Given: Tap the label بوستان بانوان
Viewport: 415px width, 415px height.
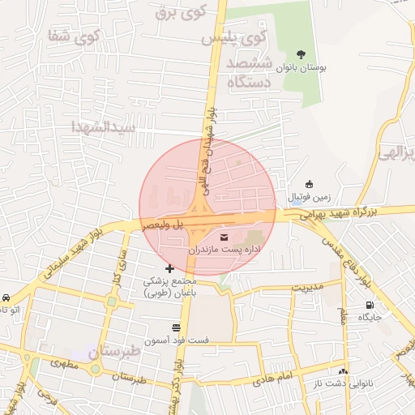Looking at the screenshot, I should click(x=302, y=70).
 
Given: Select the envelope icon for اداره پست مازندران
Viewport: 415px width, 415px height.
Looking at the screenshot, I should click(x=225, y=236).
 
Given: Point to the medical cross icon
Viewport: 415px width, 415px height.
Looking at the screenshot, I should click(x=169, y=268).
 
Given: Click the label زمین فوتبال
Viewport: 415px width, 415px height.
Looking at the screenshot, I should click(x=307, y=197).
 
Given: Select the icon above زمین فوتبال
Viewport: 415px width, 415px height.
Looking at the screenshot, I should click(x=308, y=183).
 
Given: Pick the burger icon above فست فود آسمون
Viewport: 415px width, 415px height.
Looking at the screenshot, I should click(x=176, y=327).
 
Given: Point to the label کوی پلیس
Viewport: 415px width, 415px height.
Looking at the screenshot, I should click(x=232, y=37).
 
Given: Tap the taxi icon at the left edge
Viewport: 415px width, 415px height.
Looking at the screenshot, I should click(x=6, y=297).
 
